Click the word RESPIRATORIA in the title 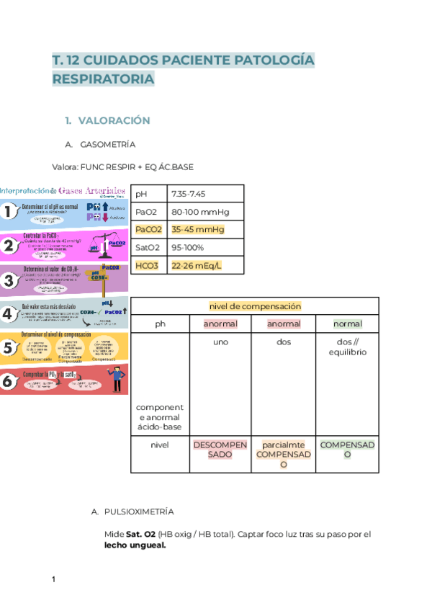(103, 79)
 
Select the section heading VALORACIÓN (114, 120)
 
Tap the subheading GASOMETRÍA (108, 144)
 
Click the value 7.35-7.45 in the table (189, 194)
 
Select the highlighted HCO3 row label (147, 265)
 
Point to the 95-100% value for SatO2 (188, 247)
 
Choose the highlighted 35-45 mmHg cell (197, 230)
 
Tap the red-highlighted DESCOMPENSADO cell (220, 450)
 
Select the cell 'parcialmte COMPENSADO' (284, 455)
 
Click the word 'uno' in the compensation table (220, 342)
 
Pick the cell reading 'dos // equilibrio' (348, 347)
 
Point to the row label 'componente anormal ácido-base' (160, 417)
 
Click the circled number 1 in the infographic (8, 211)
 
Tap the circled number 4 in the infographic (8, 314)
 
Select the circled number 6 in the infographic (8, 382)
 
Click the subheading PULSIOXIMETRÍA (139, 512)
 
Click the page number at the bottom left (54, 580)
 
